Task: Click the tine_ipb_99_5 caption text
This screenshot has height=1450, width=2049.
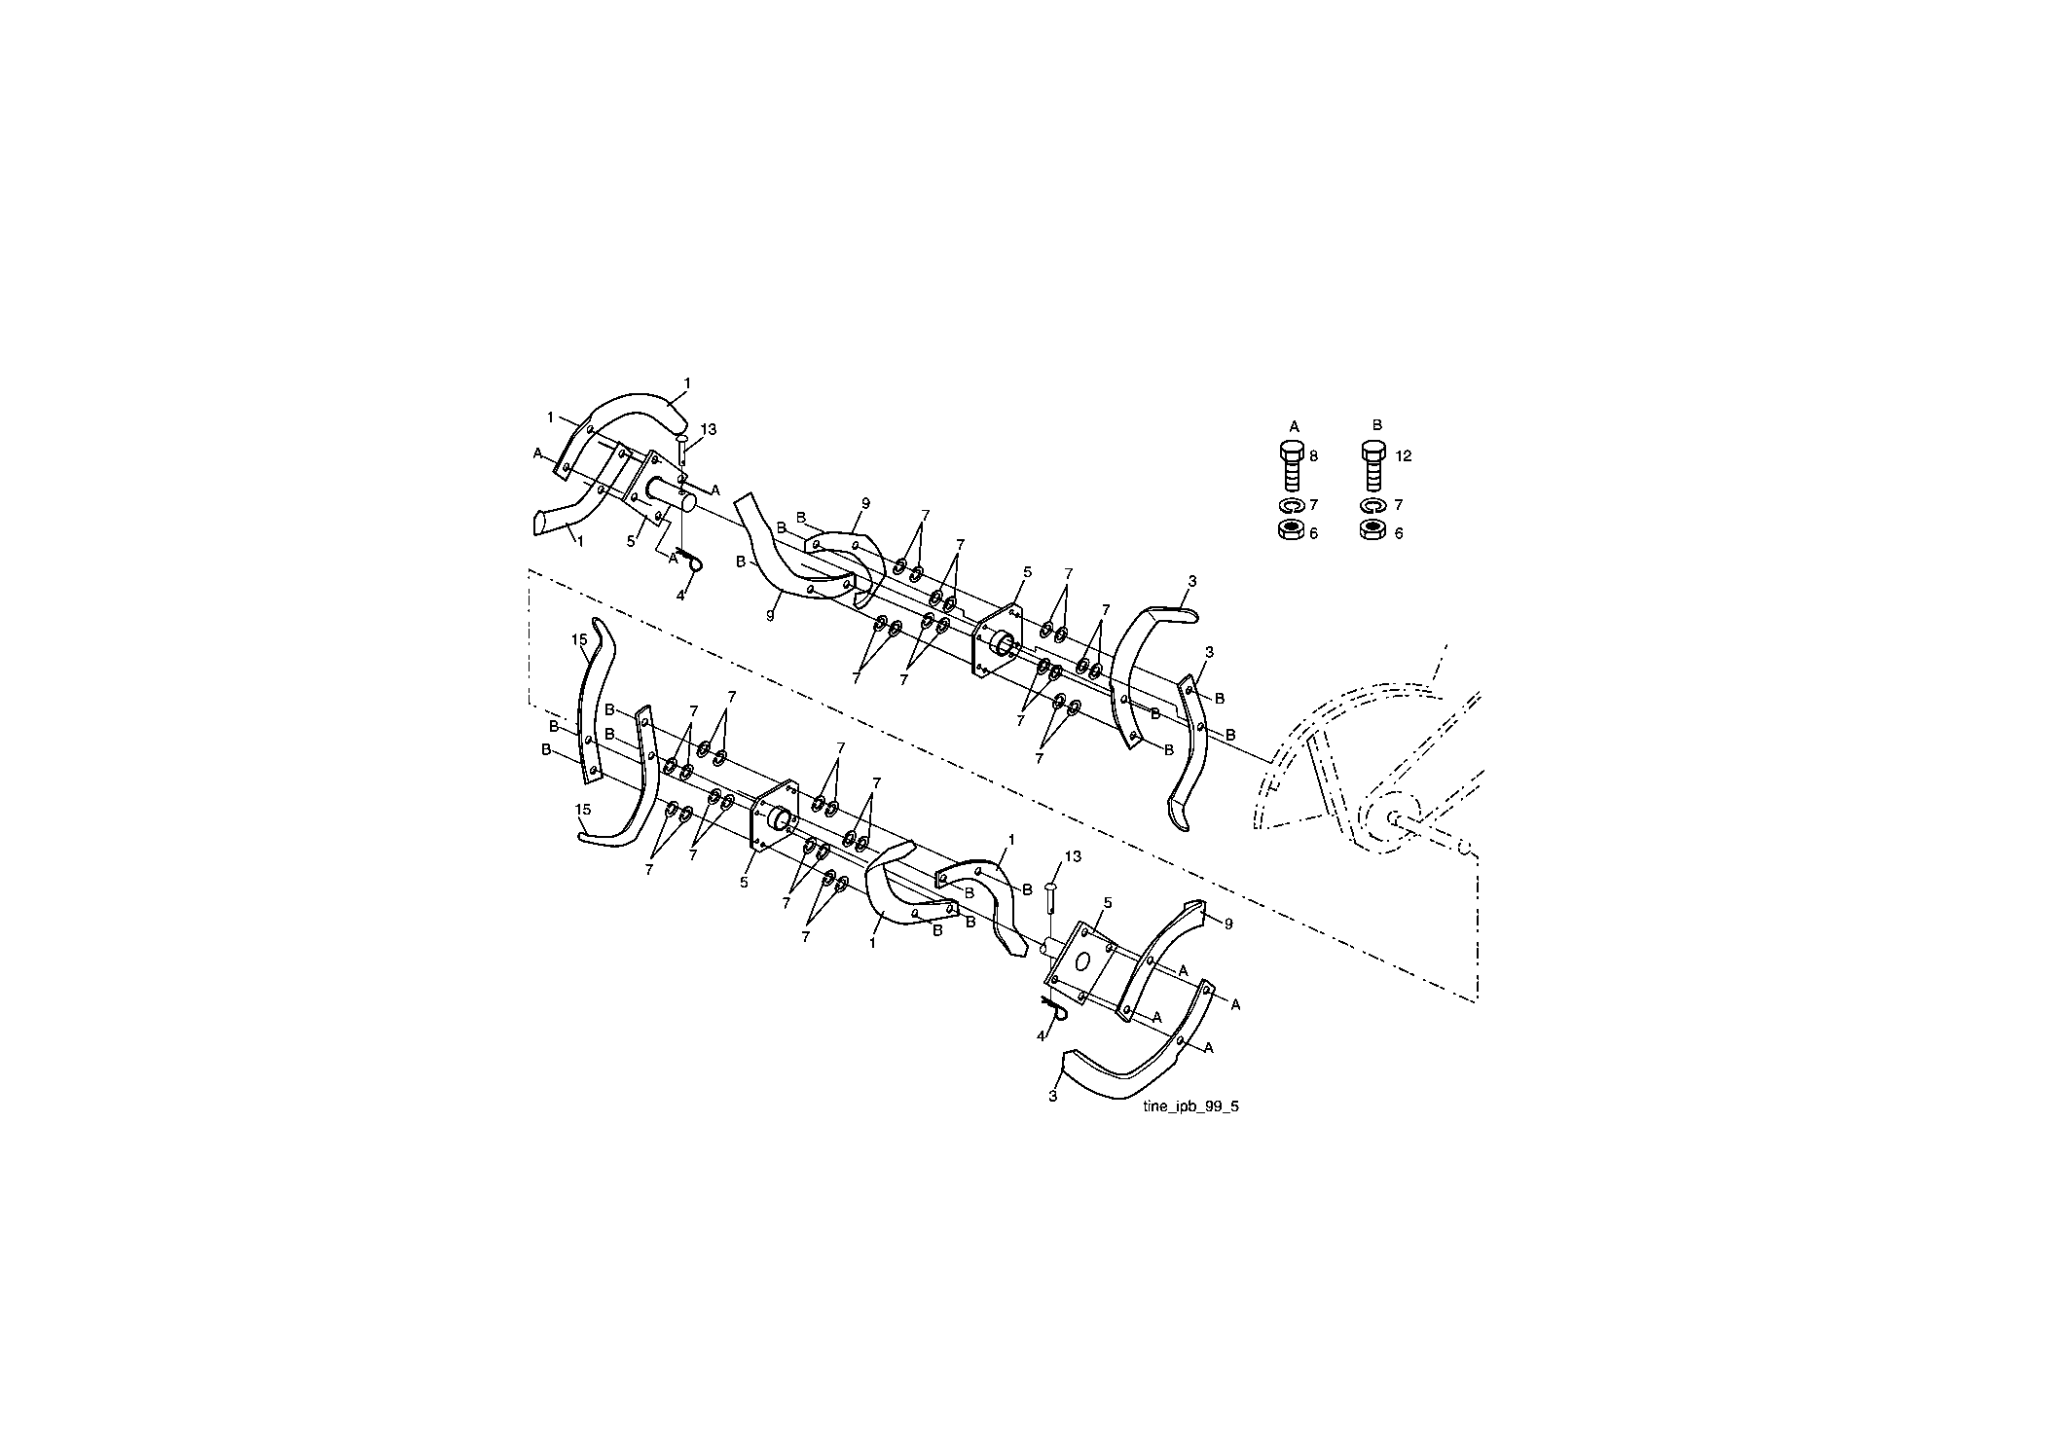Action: pos(1191,1106)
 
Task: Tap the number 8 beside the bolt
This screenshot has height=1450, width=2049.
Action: pos(1313,455)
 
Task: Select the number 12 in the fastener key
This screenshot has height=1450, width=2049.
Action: pos(1404,455)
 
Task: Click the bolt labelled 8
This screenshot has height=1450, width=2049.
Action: pos(1290,466)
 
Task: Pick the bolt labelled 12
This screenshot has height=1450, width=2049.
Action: pos(1372,466)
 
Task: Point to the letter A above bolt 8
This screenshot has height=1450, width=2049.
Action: pos(1294,425)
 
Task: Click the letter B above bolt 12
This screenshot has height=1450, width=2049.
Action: pos(1377,425)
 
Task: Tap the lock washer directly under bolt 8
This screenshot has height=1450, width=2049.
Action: pos(1290,506)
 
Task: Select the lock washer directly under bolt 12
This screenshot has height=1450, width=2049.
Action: pos(1372,506)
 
